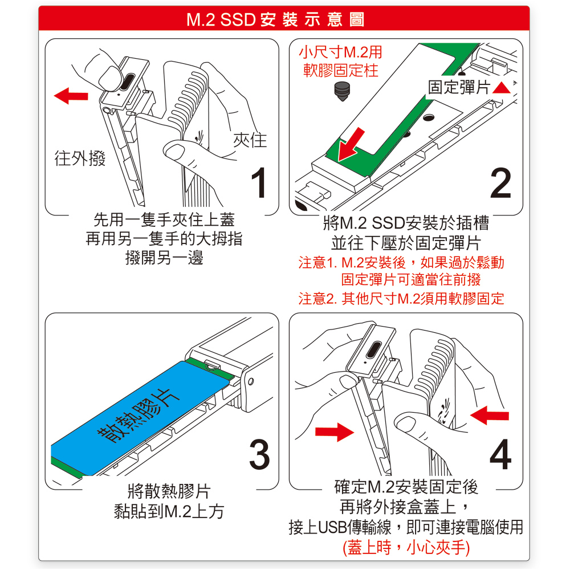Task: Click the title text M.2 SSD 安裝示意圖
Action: (x=275, y=19)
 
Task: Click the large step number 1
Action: (x=259, y=182)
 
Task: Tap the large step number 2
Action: (x=500, y=182)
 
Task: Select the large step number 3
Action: (x=259, y=454)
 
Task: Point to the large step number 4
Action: (x=500, y=454)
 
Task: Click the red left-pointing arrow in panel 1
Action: (x=71, y=96)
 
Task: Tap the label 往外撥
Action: (x=80, y=158)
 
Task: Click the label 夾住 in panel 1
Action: (x=250, y=140)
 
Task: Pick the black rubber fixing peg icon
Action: (x=342, y=91)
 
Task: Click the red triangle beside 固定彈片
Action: (x=502, y=88)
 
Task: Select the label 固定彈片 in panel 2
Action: (x=459, y=87)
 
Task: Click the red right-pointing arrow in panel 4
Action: (x=335, y=431)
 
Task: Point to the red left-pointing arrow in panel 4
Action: (x=489, y=415)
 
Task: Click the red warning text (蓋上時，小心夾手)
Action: (x=406, y=547)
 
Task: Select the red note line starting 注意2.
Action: (x=401, y=299)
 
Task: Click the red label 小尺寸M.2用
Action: (x=340, y=52)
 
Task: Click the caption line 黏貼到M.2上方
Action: (x=169, y=511)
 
